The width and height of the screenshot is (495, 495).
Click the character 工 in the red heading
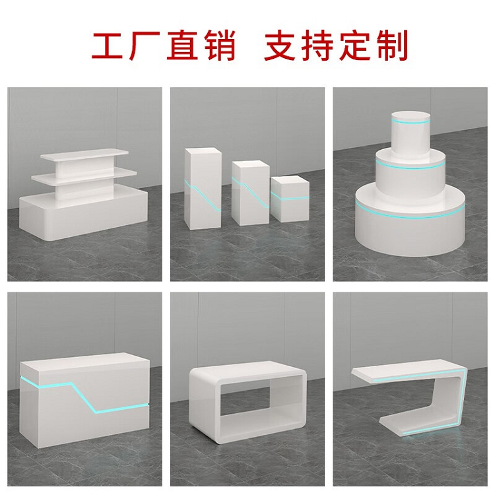pos(107,46)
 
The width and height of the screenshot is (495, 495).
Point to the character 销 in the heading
pos(220,46)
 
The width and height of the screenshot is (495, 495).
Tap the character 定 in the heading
pos(354,46)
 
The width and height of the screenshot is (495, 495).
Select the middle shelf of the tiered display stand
pos(84,175)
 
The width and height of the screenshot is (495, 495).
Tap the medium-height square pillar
pos(250,193)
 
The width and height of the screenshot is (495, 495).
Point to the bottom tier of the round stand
pos(410,221)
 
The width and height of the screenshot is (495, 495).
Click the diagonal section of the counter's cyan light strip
pos(84,397)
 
